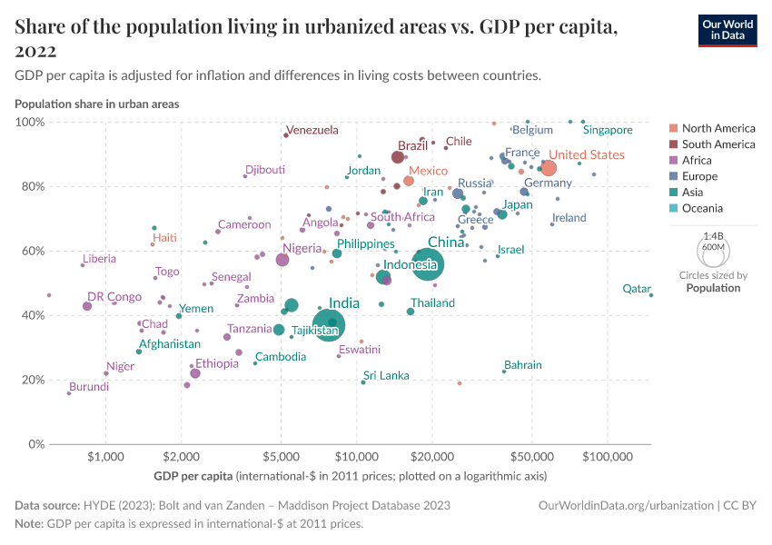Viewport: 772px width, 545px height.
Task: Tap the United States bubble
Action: click(549, 168)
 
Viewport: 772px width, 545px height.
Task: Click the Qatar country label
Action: click(636, 289)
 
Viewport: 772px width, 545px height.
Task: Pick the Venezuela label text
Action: click(312, 130)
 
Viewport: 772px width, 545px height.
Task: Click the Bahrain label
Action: click(523, 365)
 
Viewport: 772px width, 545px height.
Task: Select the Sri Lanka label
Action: click(386, 375)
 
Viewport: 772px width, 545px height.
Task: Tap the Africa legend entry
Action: click(697, 160)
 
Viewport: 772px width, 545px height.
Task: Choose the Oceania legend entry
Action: click(702, 209)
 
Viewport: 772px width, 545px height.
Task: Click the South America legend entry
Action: click(718, 144)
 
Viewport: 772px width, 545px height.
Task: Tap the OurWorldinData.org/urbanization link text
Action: click(626, 505)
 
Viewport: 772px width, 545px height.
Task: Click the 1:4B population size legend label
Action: click(713, 235)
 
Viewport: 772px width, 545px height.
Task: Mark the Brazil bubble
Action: click(398, 157)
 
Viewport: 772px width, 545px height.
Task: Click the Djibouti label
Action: click(265, 170)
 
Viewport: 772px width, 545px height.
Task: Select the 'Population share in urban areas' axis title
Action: click(96, 104)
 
